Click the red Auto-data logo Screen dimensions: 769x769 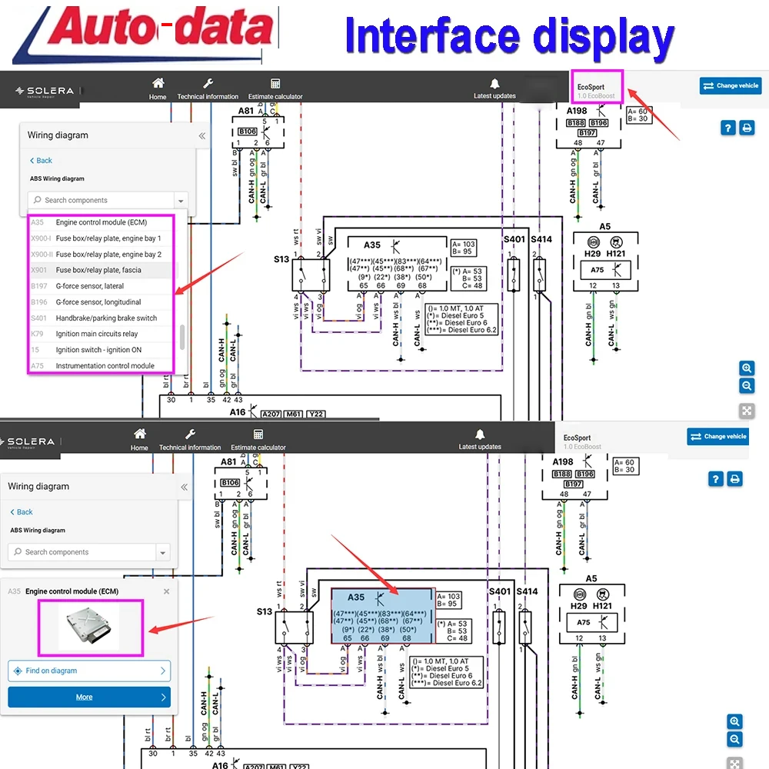[x=146, y=32]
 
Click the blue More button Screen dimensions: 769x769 [x=88, y=697]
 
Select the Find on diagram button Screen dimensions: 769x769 [x=88, y=671]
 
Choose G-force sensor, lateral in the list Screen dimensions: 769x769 [x=89, y=286]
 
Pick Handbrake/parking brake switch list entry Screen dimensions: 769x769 [x=106, y=318]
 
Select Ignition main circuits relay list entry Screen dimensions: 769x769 [x=97, y=334]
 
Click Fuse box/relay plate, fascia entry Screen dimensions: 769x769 [x=98, y=270]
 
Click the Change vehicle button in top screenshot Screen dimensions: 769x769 [x=730, y=86]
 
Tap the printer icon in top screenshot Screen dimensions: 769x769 [x=747, y=128]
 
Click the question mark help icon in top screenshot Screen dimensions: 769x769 [x=727, y=128]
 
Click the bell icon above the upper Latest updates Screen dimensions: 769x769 [x=494, y=84]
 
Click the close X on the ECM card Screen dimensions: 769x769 [x=166, y=591]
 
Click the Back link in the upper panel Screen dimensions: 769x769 [x=41, y=161]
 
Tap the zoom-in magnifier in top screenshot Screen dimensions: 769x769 [x=747, y=368]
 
